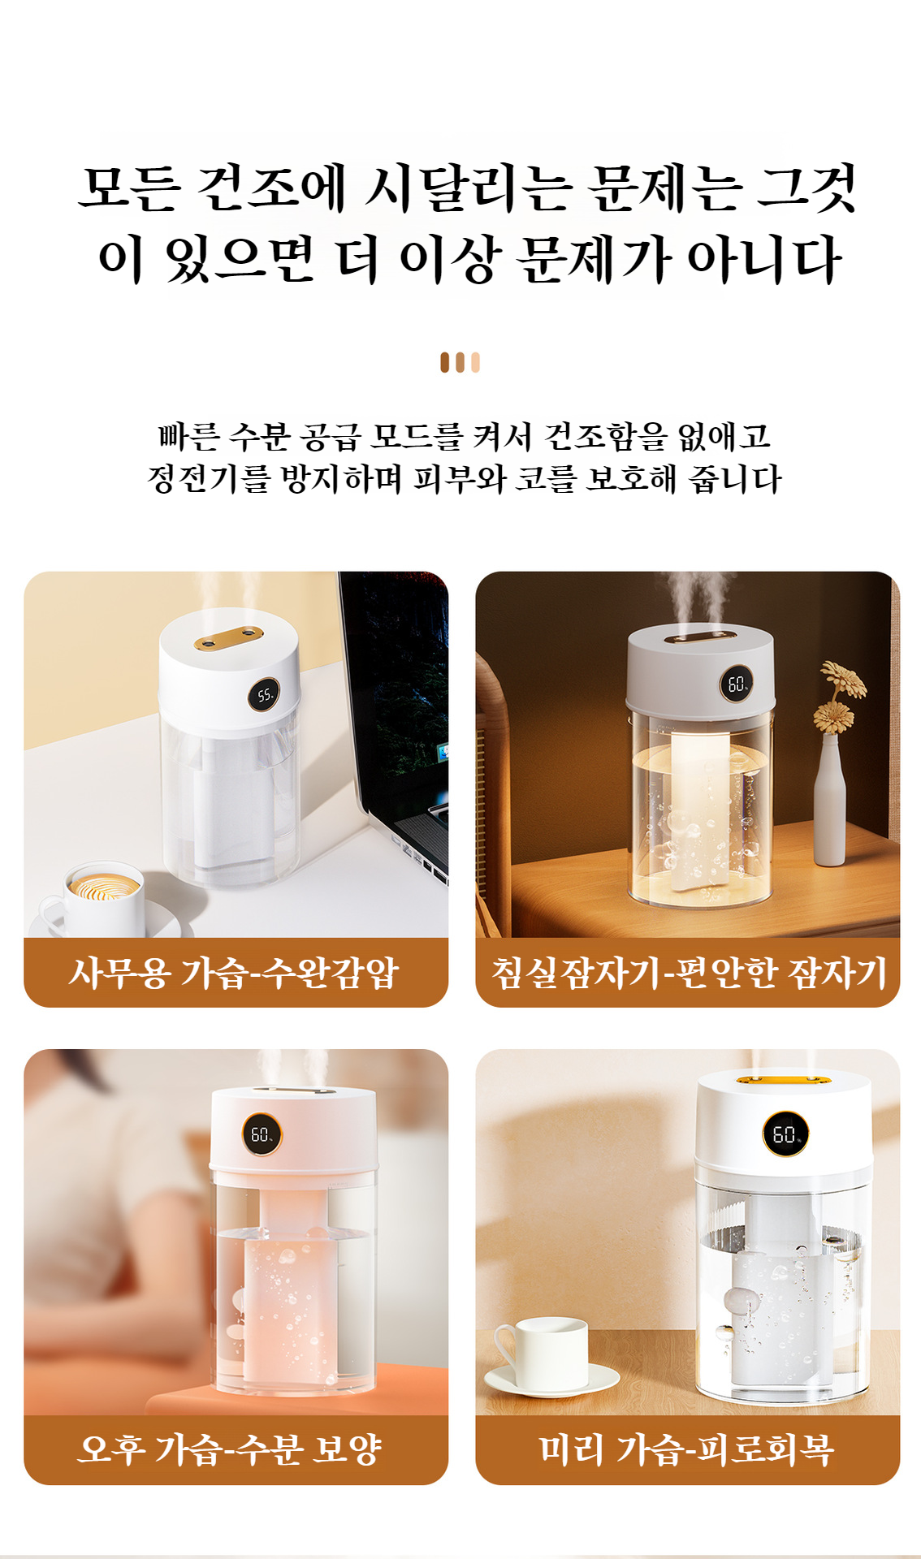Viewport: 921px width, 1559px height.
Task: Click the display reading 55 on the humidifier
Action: click(265, 695)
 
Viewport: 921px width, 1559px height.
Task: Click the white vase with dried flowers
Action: click(830, 800)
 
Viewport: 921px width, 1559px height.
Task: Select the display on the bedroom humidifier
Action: click(736, 684)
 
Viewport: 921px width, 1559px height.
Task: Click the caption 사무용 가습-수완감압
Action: click(236, 973)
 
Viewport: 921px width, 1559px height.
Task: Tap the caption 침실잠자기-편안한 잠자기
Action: click(687, 973)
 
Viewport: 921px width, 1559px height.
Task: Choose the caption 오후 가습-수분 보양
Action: click(231, 1449)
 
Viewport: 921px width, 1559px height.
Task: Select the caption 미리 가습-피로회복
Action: click(687, 1449)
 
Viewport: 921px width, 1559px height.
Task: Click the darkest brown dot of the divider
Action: click(445, 362)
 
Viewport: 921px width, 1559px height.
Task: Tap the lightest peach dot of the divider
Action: click(476, 362)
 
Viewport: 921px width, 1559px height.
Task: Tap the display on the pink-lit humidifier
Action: click(262, 1134)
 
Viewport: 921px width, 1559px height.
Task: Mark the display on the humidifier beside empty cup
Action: click(785, 1134)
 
